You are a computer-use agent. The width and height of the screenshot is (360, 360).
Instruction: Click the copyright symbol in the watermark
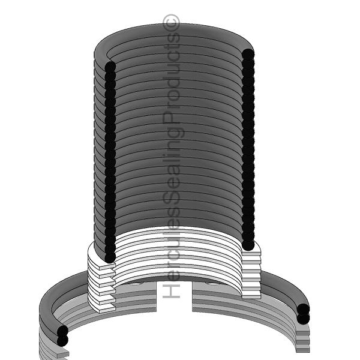[171, 23]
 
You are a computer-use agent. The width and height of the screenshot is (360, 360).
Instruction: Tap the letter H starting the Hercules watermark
[171, 291]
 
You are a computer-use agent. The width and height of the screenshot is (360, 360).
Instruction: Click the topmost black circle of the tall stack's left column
[110, 67]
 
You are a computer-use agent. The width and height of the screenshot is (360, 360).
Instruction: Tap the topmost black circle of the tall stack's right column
[248, 55]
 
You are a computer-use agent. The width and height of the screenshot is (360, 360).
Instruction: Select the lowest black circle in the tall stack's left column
[110, 257]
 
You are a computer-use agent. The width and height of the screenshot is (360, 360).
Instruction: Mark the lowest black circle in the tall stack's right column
[248, 245]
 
